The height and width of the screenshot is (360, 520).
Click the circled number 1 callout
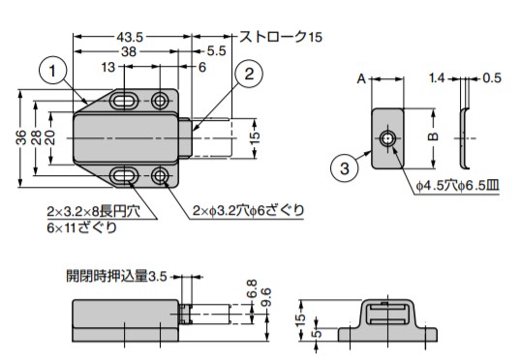[52, 71]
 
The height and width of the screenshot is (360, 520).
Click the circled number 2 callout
[249, 74]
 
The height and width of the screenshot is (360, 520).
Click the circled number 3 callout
[345, 168]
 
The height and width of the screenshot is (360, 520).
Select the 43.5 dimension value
[130, 37]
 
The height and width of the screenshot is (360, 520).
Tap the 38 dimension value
[129, 51]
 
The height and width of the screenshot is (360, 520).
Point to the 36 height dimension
[21, 136]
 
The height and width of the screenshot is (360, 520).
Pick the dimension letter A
[361, 79]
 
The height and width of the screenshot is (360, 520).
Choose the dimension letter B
[433, 136]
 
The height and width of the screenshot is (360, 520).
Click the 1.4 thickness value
[437, 78]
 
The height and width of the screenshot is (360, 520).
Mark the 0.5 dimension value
[492, 77]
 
